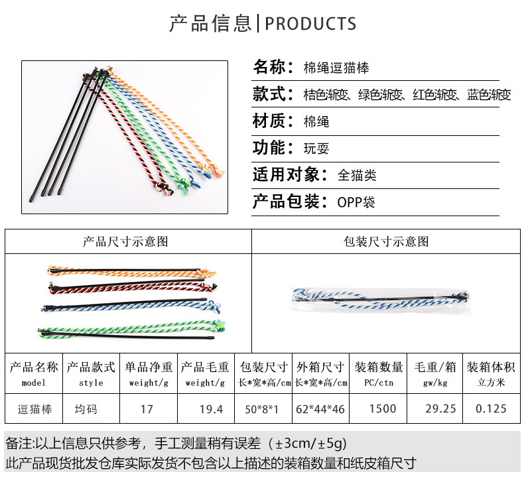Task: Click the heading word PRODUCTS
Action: point(310,24)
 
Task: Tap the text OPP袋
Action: point(356,202)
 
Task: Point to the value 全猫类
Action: point(357,175)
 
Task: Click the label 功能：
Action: point(273,148)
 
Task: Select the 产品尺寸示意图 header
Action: point(125,241)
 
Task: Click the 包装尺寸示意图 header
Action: point(386,241)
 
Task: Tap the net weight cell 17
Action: point(147,408)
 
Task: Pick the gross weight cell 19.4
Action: point(212,408)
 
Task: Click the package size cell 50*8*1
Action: point(264,408)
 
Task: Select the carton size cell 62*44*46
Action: point(320,408)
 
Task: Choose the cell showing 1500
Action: point(382,408)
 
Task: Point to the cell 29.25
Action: point(440,408)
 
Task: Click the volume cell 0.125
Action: point(491,408)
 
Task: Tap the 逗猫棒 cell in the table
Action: point(33,409)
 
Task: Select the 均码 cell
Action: point(86,409)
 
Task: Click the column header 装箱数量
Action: point(379,367)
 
